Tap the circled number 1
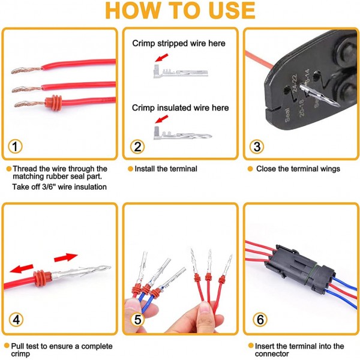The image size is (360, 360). (x=16, y=146)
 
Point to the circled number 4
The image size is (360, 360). (x=16, y=320)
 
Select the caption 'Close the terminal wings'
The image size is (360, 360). (x=298, y=169)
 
